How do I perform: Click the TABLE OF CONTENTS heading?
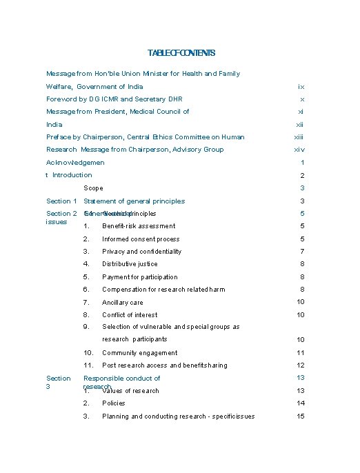pos(181,53)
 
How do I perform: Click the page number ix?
pos(301,87)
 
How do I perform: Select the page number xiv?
pos(299,150)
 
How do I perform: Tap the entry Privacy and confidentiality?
pos(141,252)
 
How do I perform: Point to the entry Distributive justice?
pos(130,264)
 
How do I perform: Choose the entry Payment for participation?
pos(140,277)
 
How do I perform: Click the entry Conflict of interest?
pos(130,315)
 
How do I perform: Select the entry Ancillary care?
pos(123,303)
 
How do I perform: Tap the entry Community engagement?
pos(140,353)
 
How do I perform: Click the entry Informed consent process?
pos(141,239)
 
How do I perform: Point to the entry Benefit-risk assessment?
pos(139,226)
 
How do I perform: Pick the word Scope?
pos(93,188)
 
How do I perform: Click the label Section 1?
pos(61,201)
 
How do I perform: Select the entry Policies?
pos(114,403)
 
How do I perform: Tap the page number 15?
pos(301,416)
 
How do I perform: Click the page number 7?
pos(302,252)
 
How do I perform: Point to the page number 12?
pos(301,365)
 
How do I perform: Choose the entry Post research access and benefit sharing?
pos(165,365)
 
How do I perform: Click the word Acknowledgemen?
pos(75,163)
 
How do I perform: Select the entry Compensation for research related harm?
pos(163,290)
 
